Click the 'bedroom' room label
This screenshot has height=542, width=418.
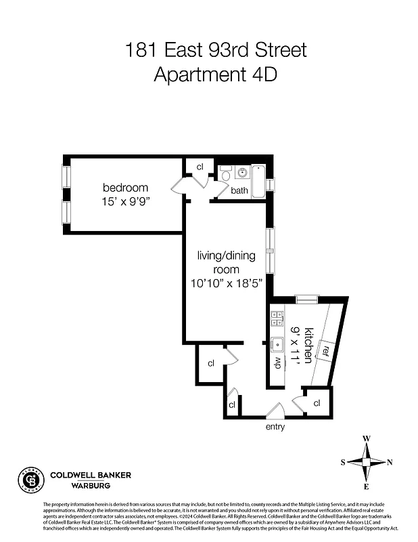pyautogui.click(x=125, y=188)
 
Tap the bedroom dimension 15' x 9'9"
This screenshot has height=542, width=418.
pyautogui.click(x=125, y=201)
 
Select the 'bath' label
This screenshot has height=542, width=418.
pyautogui.click(x=239, y=190)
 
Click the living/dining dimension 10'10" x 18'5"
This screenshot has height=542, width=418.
pyautogui.click(x=227, y=284)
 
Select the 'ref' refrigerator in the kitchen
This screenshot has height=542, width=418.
pyautogui.click(x=325, y=350)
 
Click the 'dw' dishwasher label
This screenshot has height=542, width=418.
pyautogui.click(x=277, y=362)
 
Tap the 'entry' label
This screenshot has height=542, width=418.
pyautogui.click(x=275, y=427)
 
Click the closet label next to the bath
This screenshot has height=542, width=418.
pyautogui.click(x=200, y=167)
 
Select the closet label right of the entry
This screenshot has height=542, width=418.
pyautogui.click(x=317, y=403)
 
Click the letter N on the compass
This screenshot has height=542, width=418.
pyautogui.click(x=390, y=462)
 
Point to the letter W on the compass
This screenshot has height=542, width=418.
pyautogui.click(x=366, y=438)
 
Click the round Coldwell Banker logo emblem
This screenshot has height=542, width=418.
pyautogui.click(x=28, y=480)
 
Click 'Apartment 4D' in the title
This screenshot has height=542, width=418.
pyautogui.click(x=216, y=74)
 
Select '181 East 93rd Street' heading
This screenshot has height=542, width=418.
pyautogui.click(x=216, y=49)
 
